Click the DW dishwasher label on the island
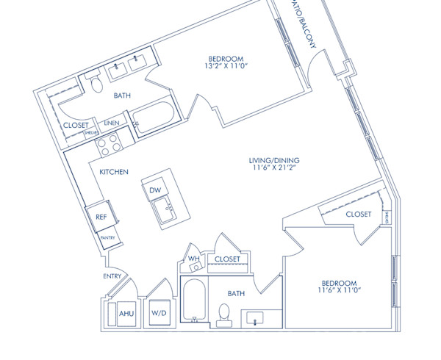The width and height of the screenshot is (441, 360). coord(155,190)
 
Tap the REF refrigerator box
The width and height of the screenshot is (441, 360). coord(100,217)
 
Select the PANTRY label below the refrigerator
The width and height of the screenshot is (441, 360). coord(107,238)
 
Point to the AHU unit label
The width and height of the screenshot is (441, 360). coord(126,314)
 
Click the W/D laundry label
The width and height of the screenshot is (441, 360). coord(159,314)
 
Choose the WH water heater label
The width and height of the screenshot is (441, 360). coord(194,259)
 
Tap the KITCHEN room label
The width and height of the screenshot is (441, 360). coord(114,172)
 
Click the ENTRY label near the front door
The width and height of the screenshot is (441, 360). coord(112,276)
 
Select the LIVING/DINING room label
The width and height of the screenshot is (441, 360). coord(274,161)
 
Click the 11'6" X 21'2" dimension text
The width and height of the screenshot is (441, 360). coord(274,169)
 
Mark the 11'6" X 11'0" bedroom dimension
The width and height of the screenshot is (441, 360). coord(339,292)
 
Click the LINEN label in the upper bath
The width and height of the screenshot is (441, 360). coord(111,123)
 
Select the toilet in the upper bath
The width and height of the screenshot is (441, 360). coord(96,83)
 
